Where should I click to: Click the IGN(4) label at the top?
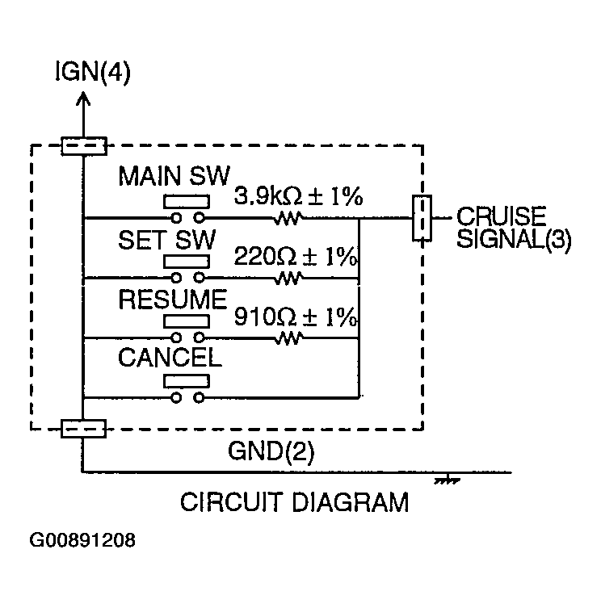click(93, 72)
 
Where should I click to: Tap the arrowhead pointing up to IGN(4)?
click(83, 99)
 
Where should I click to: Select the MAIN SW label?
click(174, 177)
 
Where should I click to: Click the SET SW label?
click(166, 240)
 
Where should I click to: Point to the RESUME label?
click(173, 300)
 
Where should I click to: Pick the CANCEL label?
click(170, 357)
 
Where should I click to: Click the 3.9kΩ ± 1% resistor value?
click(298, 196)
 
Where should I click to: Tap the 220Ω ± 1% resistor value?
click(296, 256)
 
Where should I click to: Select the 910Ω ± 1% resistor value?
click(296, 317)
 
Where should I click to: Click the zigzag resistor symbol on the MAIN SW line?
click(288, 218)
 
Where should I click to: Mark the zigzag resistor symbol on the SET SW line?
click(288, 278)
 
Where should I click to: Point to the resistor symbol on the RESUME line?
click(288, 338)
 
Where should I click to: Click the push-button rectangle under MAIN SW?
click(187, 202)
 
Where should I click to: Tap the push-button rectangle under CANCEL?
click(187, 381)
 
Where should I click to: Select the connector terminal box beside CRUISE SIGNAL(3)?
click(422, 218)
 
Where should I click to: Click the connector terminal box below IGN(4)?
click(84, 146)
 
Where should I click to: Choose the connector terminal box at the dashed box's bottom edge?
click(83, 429)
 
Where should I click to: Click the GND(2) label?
click(271, 451)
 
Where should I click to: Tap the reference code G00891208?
click(82, 539)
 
